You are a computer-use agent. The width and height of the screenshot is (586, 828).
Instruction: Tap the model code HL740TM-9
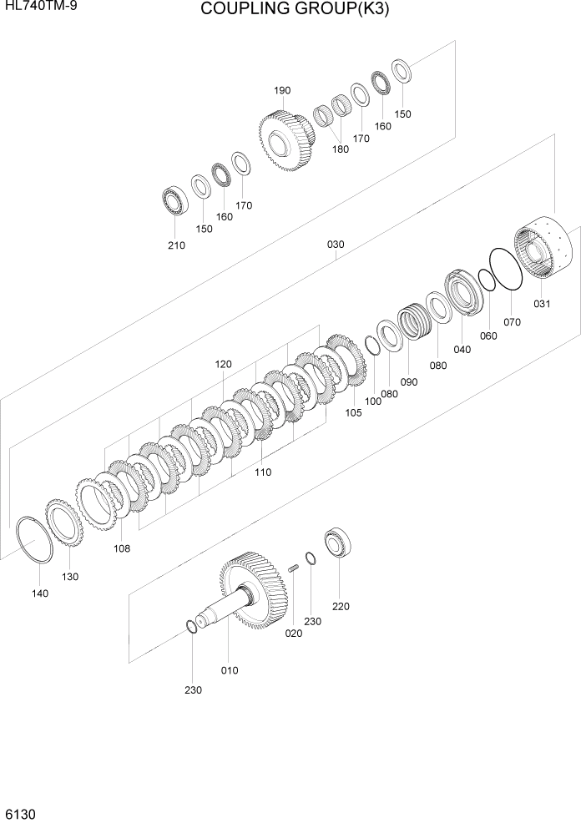coord(36,8)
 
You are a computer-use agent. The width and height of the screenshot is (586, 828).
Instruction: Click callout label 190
coord(281,91)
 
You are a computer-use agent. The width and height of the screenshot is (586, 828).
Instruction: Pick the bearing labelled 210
coord(176,200)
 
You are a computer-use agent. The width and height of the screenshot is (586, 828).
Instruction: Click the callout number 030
coord(336,245)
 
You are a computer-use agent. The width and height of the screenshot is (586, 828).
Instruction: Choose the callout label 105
coord(353,412)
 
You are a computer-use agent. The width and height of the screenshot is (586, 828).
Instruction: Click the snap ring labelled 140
coord(35,542)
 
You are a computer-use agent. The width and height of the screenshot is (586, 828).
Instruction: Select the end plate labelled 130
coord(63,525)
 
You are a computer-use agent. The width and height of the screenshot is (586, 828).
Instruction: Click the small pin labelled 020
coord(294,569)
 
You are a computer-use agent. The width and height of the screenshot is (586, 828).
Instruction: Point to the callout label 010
coord(230,670)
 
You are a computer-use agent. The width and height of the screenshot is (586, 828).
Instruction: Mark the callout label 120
coord(223,364)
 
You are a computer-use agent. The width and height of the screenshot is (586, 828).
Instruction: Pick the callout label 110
coord(263,472)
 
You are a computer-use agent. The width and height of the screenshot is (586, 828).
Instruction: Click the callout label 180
coord(341,149)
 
